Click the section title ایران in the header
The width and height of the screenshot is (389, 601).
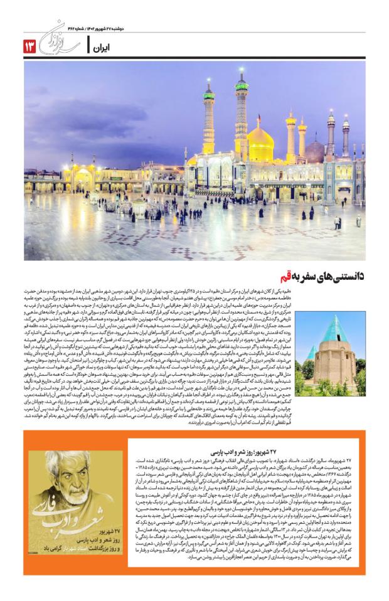[101, 46]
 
